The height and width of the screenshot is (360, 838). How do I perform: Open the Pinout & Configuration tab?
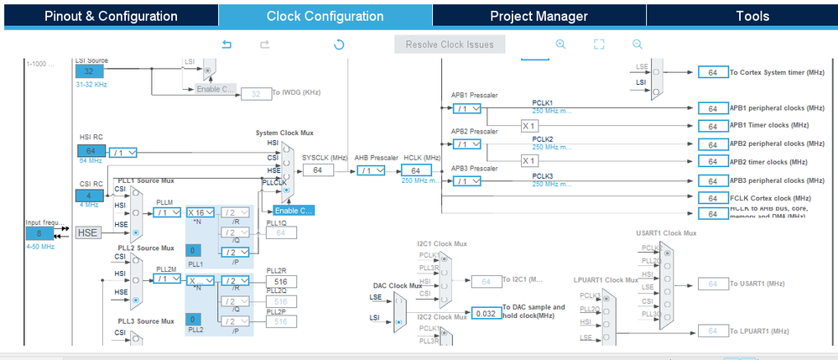[x=111, y=16]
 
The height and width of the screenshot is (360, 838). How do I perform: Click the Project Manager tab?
[x=539, y=16]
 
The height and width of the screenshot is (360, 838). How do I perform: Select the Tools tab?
[x=752, y=16]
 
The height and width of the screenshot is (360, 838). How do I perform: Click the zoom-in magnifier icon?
[x=560, y=44]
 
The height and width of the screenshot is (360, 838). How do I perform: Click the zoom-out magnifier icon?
[x=638, y=44]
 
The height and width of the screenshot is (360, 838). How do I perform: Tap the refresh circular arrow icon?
[x=339, y=44]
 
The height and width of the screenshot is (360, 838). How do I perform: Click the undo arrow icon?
[x=226, y=44]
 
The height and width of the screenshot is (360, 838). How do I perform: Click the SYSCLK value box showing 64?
[x=318, y=170]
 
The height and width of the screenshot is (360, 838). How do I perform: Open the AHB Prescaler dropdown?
[x=371, y=170]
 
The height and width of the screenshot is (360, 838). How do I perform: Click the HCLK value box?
[x=415, y=170]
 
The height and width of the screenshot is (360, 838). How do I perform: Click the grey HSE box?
[x=88, y=232]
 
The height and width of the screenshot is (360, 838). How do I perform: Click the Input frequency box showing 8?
[x=39, y=232]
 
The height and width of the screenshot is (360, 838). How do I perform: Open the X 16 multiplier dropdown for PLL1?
[x=201, y=212]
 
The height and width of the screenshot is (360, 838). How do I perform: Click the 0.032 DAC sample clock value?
[x=485, y=313]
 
